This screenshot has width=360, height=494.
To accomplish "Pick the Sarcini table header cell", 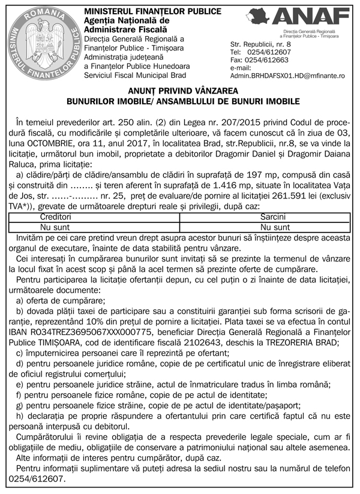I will click(272, 216).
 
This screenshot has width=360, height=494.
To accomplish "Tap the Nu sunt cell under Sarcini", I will click(272, 227).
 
